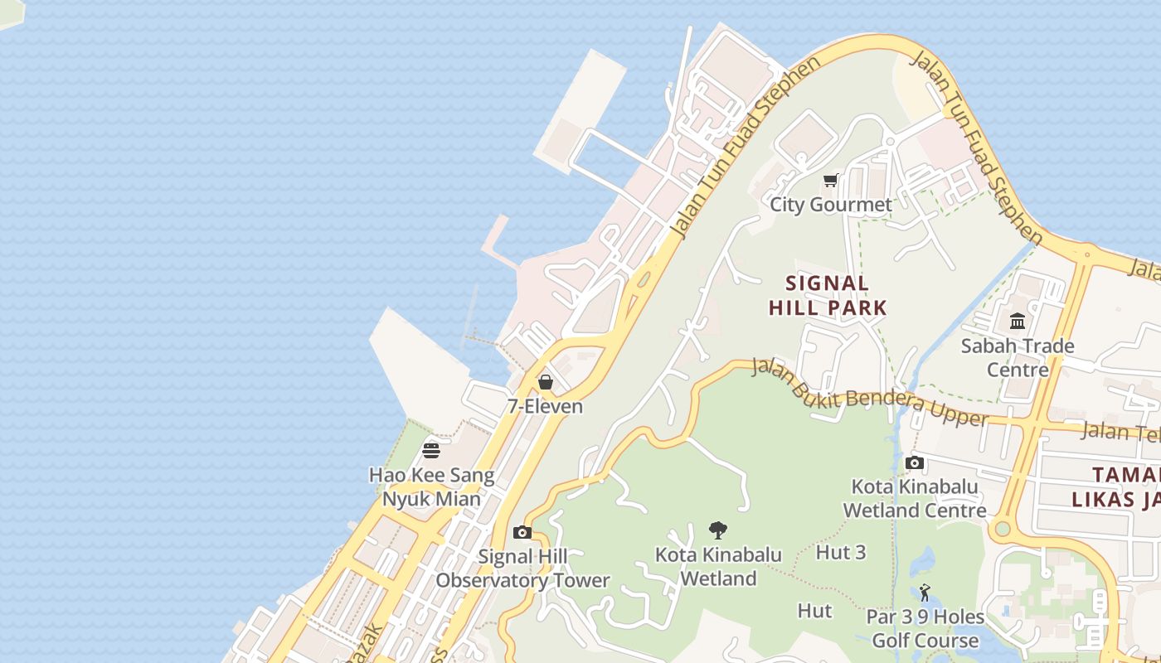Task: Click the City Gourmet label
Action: click(831, 205)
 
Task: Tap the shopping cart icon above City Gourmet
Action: click(830, 180)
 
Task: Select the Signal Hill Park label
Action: click(828, 296)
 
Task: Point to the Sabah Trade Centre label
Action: click(1018, 357)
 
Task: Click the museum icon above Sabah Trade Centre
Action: click(1018, 321)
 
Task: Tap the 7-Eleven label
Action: click(545, 407)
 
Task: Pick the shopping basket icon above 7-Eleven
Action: click(545, 382)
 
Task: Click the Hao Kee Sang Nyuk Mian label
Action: click(431, 487)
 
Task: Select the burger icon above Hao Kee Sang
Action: click(431, 450)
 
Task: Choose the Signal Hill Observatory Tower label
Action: click(522, 569)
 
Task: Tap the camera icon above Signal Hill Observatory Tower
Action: click(522, 532)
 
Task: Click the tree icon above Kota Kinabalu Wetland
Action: click(718, 530)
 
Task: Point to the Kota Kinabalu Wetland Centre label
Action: click(915, 498)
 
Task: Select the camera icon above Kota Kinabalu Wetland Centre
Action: click(915, 462)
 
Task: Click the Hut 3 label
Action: click(841, 552)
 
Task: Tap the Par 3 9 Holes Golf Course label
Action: click(925, 629)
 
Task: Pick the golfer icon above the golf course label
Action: click(925, 593)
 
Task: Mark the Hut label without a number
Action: click(814, 611)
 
